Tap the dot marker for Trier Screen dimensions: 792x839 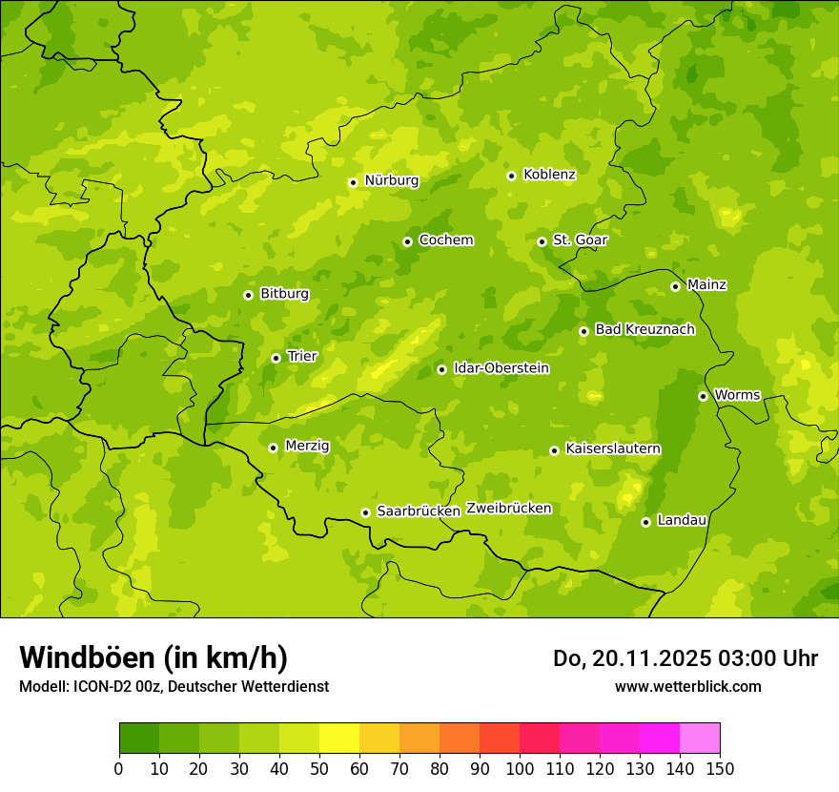pyautogui.click(x=276, y=358)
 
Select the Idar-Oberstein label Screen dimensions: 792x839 pyautogui.click(x=501, y=368)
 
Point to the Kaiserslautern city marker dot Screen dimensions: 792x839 pyautogui.click(x=554, y=450)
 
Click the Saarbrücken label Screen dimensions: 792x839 pyautogui.click(x=419, y=511)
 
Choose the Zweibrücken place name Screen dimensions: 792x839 pyautogui.click(x=508, y=509)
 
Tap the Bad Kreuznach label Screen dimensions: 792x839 pyautogui.click(x=645, y=330)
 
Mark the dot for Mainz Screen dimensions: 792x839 pyautogui.click(x=675, y=286)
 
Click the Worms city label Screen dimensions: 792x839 pyautogui.click(x=737, y=395)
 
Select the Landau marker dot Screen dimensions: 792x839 pyautogui.click(x=645, y=522)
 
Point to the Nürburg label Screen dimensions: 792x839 pyautogui.click(x=391, y=180)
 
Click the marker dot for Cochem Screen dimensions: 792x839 pyautogui.click(x=407, y=241)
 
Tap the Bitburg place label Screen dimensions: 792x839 pyautogui.click(x=284, y=294)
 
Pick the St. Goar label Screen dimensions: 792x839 pyautogui.click(x=580, y=240)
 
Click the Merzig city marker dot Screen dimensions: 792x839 pyautogui.click(x=273, y=448)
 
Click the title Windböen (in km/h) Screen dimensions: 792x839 pyautogui.click(x=153, y=657)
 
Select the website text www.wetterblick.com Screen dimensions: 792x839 pyautogui.click(x=687, y=686)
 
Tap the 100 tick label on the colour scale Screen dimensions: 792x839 pyautogui.click(x=519, y=769)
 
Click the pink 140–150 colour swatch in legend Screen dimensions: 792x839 pyautogui.click(x=700, y=739)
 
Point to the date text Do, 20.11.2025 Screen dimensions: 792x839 pyautogui.click(x=628, y=658)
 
